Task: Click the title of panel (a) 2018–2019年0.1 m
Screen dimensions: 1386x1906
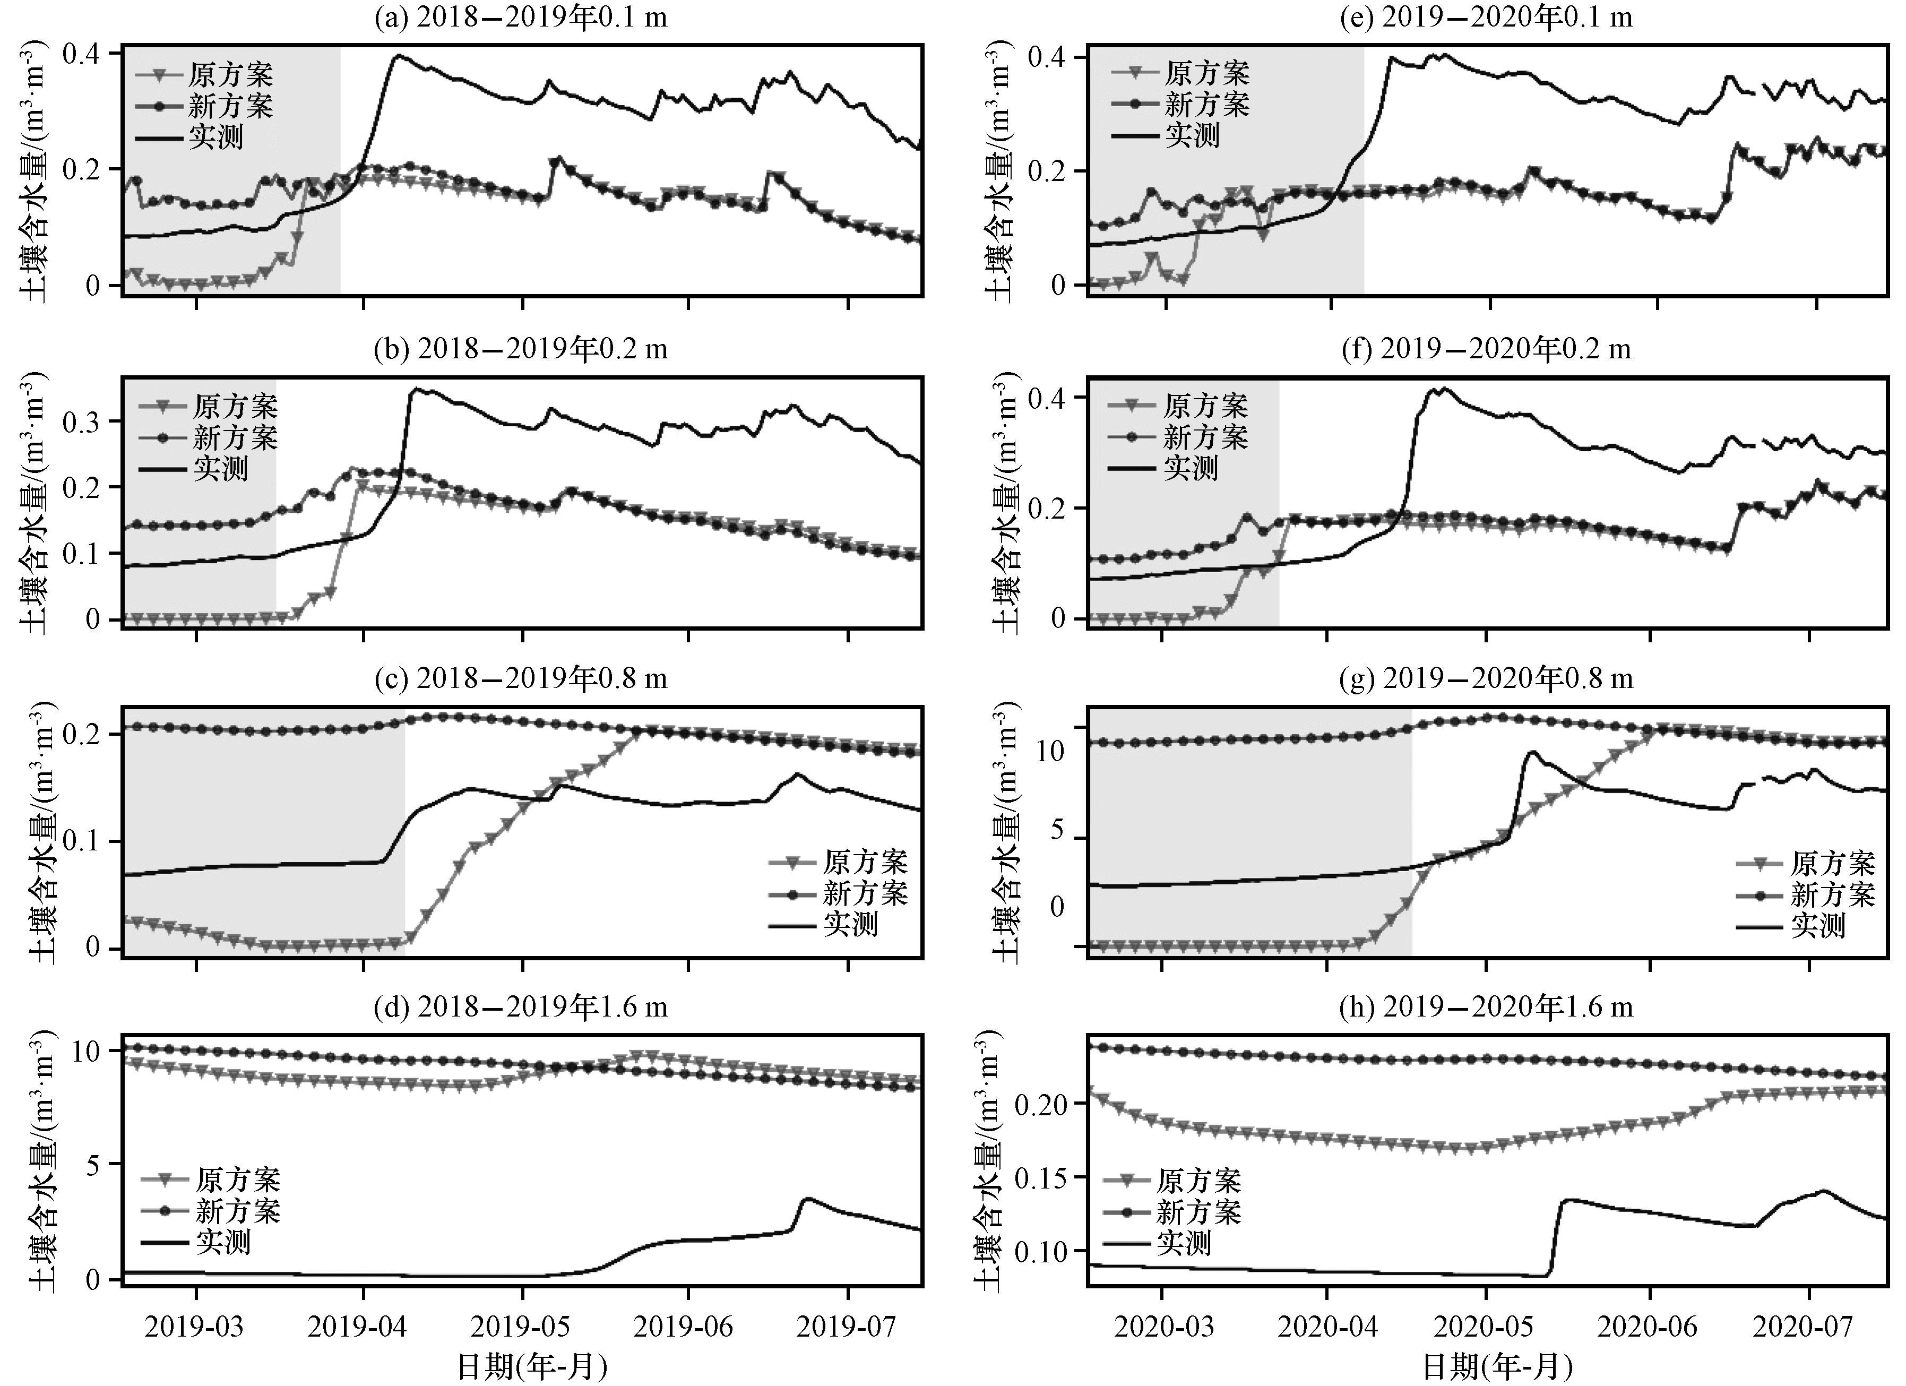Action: click(x=521, y=16)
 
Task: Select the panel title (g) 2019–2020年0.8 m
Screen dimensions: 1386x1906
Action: click(x=1486, y=677)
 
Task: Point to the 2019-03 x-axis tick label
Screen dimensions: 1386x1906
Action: click(x=196, y=1327)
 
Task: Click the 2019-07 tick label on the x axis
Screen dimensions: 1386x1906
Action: click(x=848, y=1327)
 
